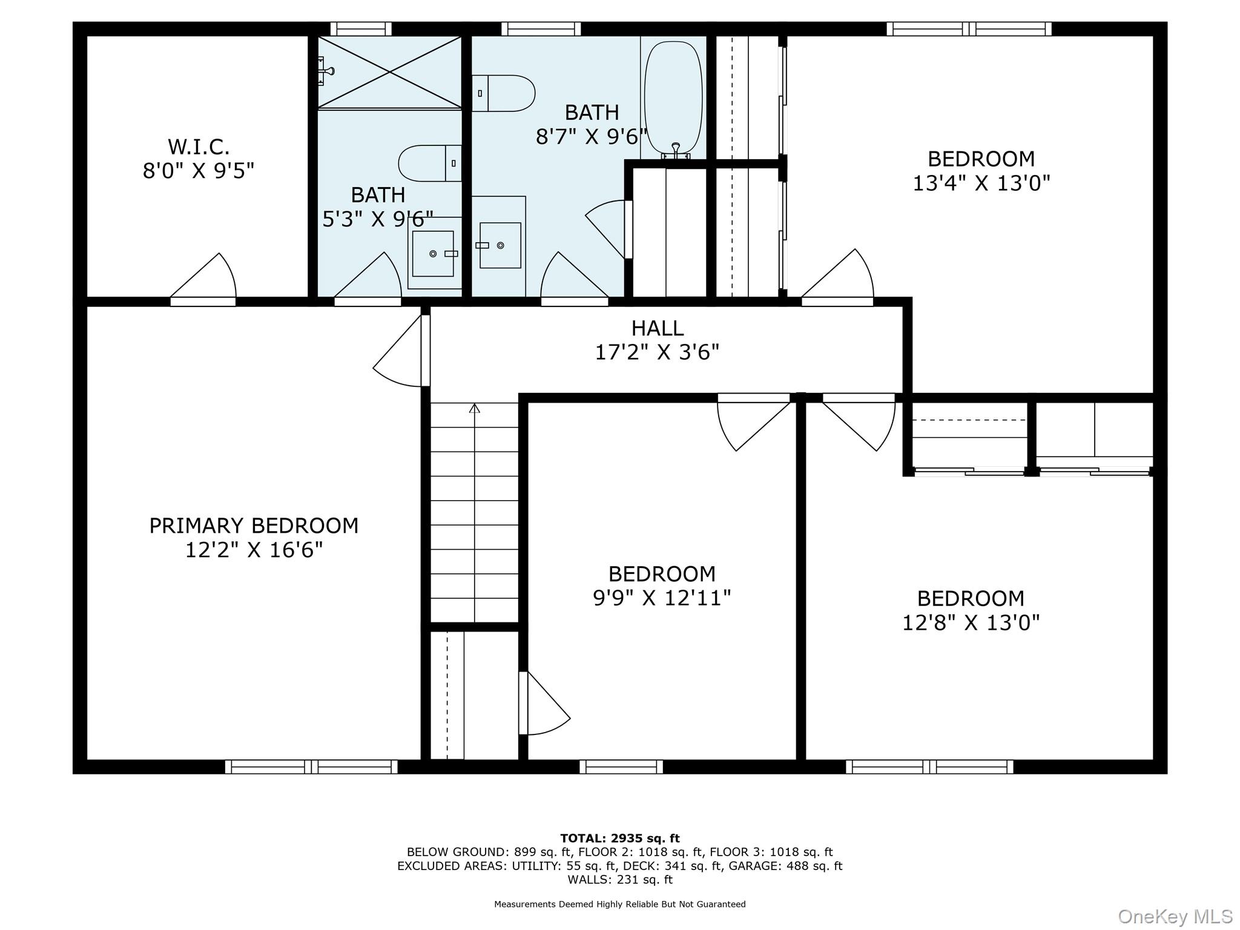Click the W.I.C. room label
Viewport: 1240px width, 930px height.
pyautogui.click(x=198, y=147)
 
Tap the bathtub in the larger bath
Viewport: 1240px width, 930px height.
pyautogui.click(x=673, y=94)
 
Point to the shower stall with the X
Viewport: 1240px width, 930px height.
pyautogui.click(x=389, y=72)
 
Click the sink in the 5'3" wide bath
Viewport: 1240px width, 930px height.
pyautogui.click(x=433, y=254)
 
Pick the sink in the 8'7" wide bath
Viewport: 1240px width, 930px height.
pyautogui.click(x=500, y=245)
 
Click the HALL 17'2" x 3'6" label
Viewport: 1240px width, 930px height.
pyautogui.click(x=657, y=340)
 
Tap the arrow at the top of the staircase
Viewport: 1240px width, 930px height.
pyautogui.click(x=475, y=409)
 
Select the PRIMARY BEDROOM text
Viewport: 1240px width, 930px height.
pyautogui.click(x=254, y=526)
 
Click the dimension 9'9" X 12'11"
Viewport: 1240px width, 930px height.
pyautogui.click(x=662, y=598)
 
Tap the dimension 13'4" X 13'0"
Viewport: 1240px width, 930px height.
pyautogui.click(x=981, y=183)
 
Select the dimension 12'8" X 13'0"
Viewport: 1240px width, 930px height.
pyautogui.click(x=971, y=622)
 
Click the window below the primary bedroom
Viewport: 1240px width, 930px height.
pyautogui.click(x=311, y=767)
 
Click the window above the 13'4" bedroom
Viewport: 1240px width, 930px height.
pyautogui.click(x=969, y=29)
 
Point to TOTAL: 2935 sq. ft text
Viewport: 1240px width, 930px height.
pyautogui.click(x=619, y=838)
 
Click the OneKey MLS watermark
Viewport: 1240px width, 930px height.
pyautogui.click(x=1175, y=916)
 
